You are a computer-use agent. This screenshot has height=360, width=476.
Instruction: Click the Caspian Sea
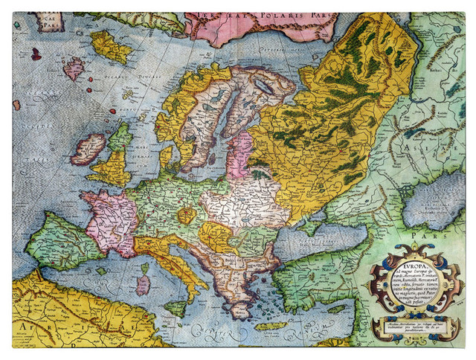pos(435,197)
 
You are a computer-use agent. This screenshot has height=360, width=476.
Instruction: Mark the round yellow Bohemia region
pos(188,216)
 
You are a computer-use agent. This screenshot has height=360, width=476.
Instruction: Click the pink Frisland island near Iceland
pos(74,68)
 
